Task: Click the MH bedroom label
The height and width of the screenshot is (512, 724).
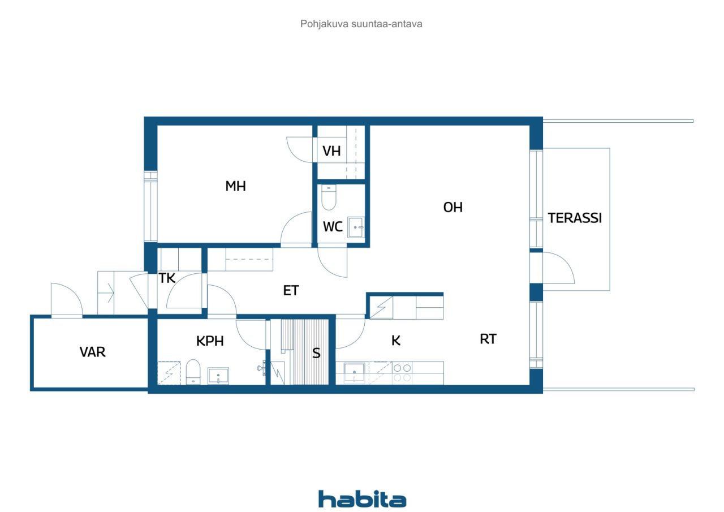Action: pos(236,186)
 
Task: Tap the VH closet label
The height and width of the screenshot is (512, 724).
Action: pos(331,151)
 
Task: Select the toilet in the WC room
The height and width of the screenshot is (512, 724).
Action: pos(329,197)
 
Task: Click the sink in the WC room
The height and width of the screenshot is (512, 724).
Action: pos(356,227)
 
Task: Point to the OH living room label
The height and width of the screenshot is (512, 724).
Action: pos(453,208)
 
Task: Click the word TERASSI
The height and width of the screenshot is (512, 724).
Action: pos(575,218)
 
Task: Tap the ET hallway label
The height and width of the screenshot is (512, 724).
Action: pos(291,291)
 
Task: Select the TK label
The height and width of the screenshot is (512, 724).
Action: pos(167,278)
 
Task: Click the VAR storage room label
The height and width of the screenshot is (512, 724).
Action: pos(92,352)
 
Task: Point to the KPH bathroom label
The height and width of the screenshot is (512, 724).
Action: pos(210,341)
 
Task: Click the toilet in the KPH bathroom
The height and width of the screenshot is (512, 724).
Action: pos(193,372)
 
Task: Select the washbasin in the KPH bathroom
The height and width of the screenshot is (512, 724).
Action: pos(218,376)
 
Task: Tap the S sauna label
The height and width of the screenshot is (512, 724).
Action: pos(316,353)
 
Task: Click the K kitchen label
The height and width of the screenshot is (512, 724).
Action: pos(396,341)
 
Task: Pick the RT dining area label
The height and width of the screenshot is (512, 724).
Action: pos(488,339)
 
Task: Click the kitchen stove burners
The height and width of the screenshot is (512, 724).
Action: pos(402,373)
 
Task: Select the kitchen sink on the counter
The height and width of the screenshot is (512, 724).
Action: pos(354,373)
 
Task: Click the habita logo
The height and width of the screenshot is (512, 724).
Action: pos(362,499)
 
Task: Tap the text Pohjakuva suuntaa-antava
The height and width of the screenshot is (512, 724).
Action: pos(361,24)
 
